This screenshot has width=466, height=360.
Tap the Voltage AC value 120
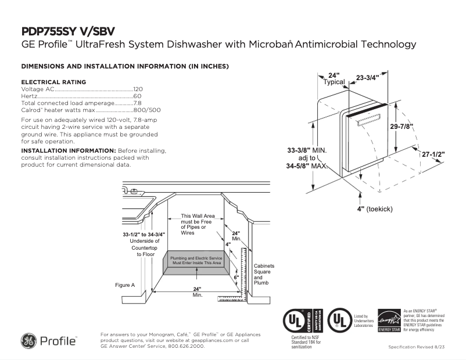[x=138, y=89]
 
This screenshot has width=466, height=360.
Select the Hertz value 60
[x=137, y=96]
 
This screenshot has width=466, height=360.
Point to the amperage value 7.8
[x=138, y=103]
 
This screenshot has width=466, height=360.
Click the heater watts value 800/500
[x=147, y=110]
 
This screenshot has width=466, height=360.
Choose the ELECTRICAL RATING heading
[x=53, y=82]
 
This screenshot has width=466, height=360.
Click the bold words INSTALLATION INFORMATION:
[x=69, y=150]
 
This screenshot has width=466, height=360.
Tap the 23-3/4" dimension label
[x=367, y=77]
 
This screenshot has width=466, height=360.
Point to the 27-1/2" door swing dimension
[x=433, y=154]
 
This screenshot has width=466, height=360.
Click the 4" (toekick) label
[x=375, y=208]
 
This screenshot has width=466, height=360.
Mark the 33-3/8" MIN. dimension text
[x=307, y=150]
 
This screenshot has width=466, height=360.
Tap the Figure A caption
[x=125, y=285]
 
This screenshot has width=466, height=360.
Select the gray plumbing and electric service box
[x=196, y=260]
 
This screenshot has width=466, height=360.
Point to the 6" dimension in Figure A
[x=236, y=278]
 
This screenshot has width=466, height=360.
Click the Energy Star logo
[x=389, y=321]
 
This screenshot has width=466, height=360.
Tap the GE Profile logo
[x=49, y=340]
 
